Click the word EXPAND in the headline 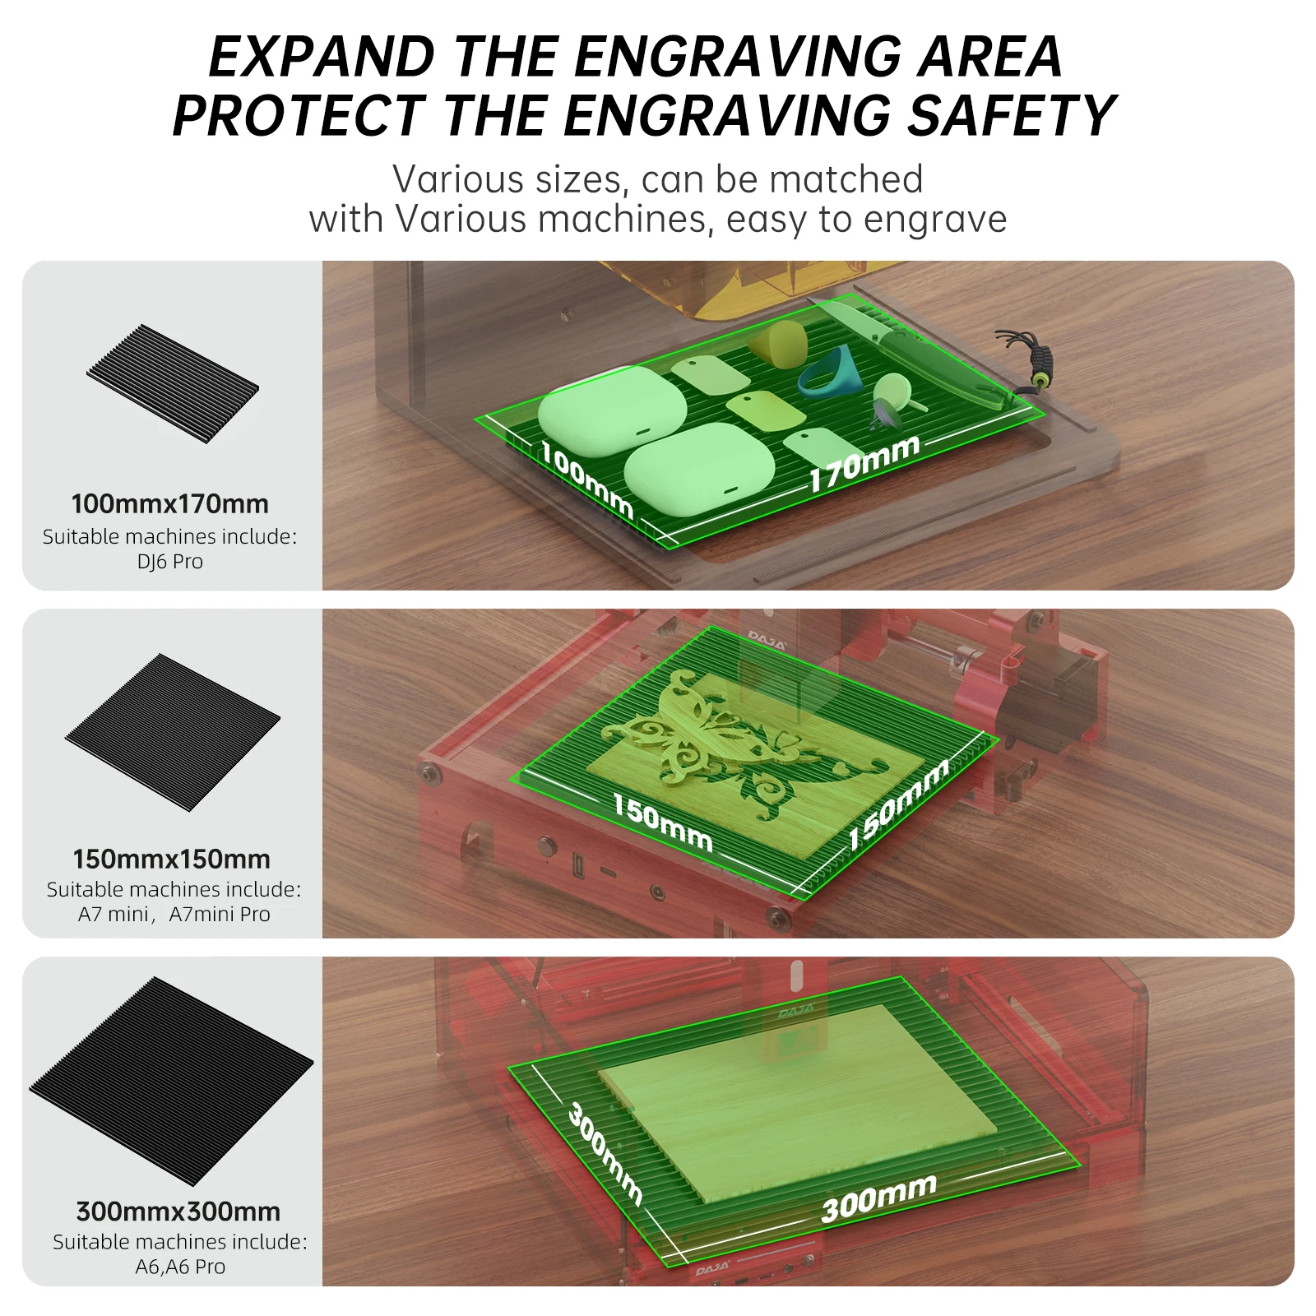(x=322, y=57)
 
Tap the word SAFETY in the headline (x=1011, y=115)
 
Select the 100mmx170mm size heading (x=170, y=503)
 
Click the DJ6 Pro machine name (x=170, y=562)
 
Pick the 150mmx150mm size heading (x=171, y=859)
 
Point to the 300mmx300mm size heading (x=178, y=1212)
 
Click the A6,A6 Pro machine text (x=180, y=1267)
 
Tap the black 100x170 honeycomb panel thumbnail (x=173, y=383)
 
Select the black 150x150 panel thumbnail (x=173, y=732)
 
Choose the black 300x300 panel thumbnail (x=171, y=1081)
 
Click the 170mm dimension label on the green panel (x=864, y=463)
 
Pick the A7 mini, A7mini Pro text (x=174, y=914)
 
